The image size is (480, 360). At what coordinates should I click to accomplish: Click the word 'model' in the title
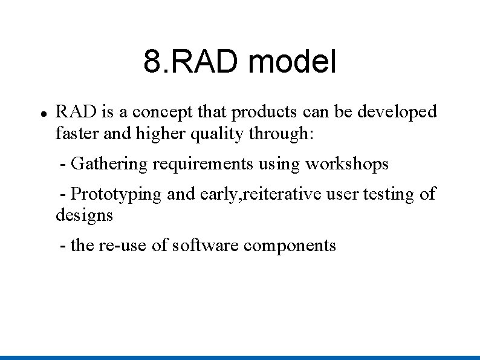click(x=292, y=62)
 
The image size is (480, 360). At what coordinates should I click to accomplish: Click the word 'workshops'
click(x=346, y=164)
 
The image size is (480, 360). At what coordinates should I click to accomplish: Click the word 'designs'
click(x=84, y=215)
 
